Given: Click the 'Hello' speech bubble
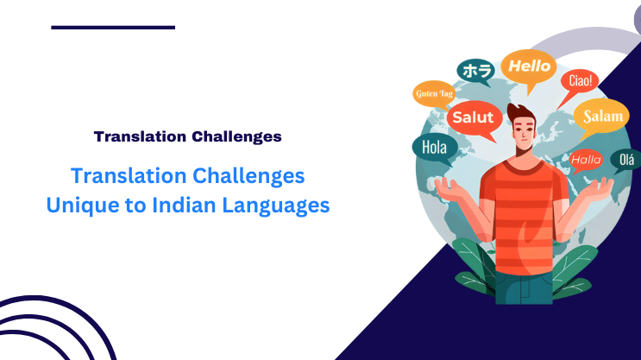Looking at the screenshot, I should point(529,66).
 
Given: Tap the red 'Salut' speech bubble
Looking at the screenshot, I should point(473,117).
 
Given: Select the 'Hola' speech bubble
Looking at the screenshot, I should point(434,147).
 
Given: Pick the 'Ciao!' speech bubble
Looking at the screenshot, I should point(579,82).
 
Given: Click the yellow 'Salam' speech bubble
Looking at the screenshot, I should point(602,116).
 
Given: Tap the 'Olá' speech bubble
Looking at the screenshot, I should point(625,159).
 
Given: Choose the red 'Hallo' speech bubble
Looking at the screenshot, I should point(586,159).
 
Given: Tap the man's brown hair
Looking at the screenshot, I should point(520,112).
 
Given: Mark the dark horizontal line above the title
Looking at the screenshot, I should point(113,28).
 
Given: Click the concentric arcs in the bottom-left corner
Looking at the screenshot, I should point(52,332).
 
